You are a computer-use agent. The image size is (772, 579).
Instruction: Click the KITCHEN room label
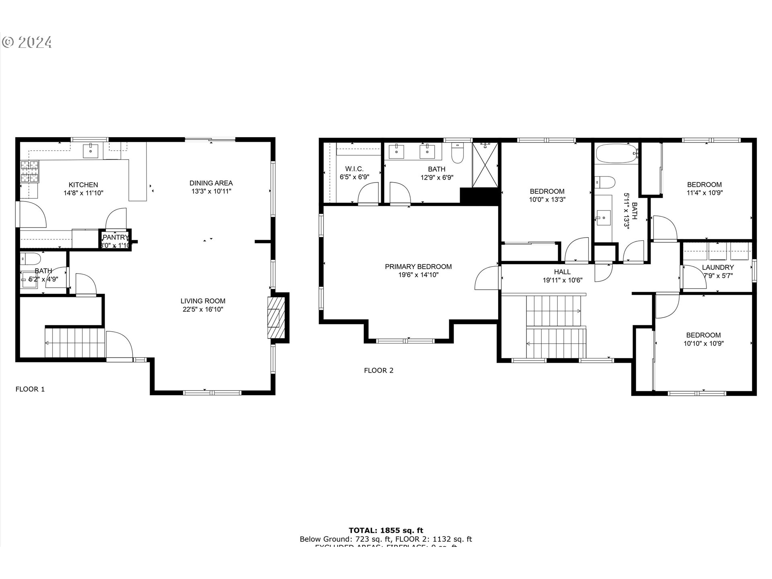83,185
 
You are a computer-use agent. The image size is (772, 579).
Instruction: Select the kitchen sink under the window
91,151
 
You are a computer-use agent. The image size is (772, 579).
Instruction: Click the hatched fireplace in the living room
276,317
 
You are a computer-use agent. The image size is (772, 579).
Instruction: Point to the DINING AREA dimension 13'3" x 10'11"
211,191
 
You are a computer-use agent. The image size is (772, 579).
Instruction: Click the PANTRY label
115,238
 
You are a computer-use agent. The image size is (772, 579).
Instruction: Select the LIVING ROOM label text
203,301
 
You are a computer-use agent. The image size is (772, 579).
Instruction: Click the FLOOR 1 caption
30,389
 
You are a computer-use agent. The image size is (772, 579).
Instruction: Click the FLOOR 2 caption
378,371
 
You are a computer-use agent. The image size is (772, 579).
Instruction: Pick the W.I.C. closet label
354,169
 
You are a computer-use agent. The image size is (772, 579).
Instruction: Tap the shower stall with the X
485,165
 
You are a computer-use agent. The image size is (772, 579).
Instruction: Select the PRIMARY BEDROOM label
418,267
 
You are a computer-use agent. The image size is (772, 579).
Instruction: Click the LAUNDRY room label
718,267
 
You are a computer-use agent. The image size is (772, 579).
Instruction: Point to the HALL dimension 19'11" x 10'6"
563,281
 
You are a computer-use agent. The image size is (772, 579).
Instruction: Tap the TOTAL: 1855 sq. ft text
386,530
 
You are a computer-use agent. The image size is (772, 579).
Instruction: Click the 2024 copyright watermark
27,42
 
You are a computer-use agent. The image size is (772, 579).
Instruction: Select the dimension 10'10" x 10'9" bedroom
704,344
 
